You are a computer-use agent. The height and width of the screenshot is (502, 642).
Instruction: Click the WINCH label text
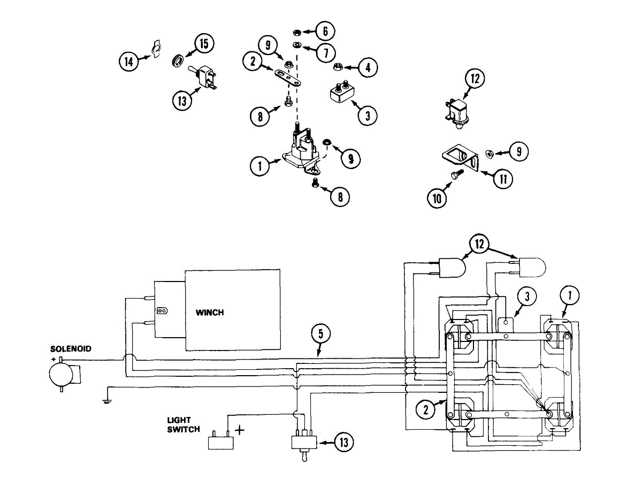(210, 313)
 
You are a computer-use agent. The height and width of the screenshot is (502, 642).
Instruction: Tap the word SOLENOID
(71, 348)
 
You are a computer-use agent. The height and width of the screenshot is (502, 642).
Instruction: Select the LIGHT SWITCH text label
(183, 425)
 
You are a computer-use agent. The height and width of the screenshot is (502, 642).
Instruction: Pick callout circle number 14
(128, 62)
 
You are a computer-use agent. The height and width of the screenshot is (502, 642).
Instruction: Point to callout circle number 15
(203, 44)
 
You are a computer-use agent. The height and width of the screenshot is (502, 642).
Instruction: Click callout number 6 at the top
(324, 31)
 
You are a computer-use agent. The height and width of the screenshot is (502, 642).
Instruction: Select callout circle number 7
(324, 52)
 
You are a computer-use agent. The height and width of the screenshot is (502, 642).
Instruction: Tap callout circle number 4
(367, 68)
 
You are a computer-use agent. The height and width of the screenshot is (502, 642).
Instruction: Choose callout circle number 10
(437, 199)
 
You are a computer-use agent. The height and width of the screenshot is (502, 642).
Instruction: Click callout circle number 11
(502, 178)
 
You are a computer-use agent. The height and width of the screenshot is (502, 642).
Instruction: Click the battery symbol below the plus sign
(220, 441)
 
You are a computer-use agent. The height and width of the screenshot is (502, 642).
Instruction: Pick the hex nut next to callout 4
(338, 67)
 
